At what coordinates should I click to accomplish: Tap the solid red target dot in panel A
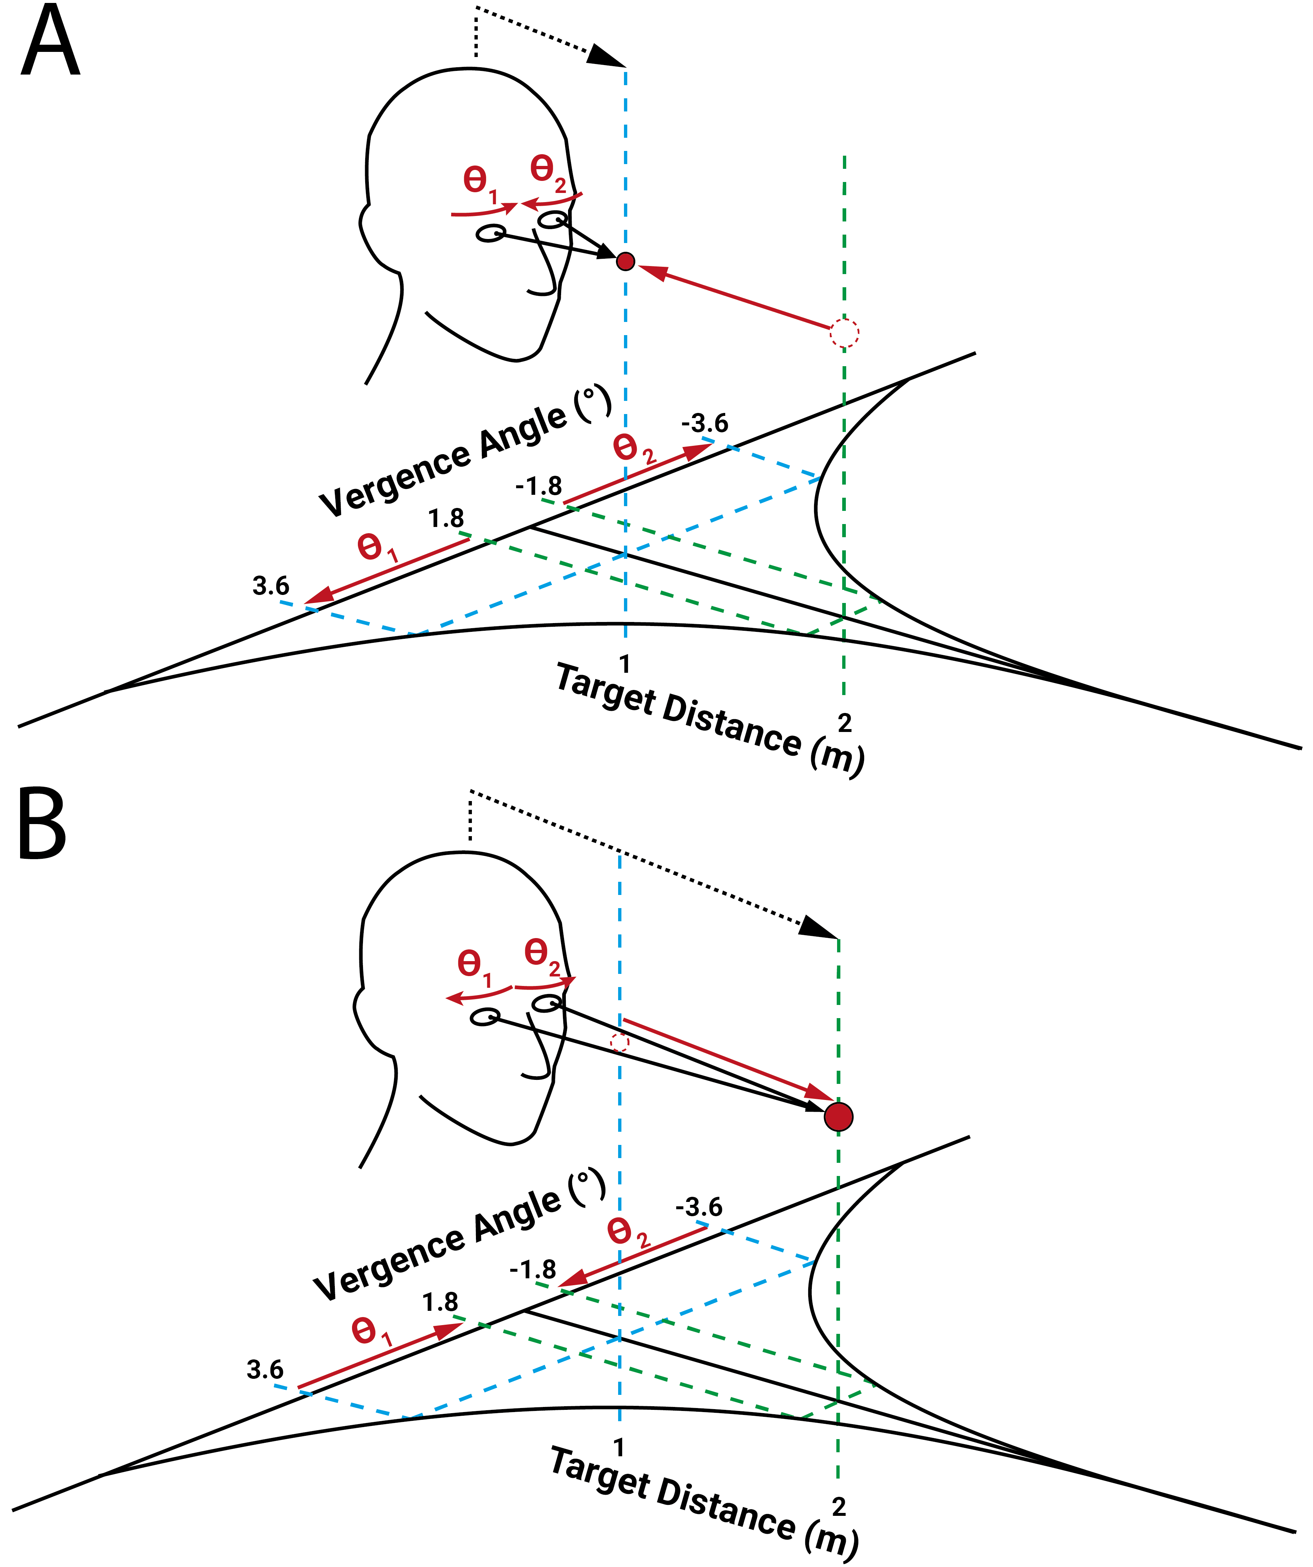point(625,261)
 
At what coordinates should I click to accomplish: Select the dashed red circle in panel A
point(844,332)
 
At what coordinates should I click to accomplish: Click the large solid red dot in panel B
point(838,1117)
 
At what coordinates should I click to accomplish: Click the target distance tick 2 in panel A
point(844,722)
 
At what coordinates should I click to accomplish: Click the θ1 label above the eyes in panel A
point(480,183)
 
